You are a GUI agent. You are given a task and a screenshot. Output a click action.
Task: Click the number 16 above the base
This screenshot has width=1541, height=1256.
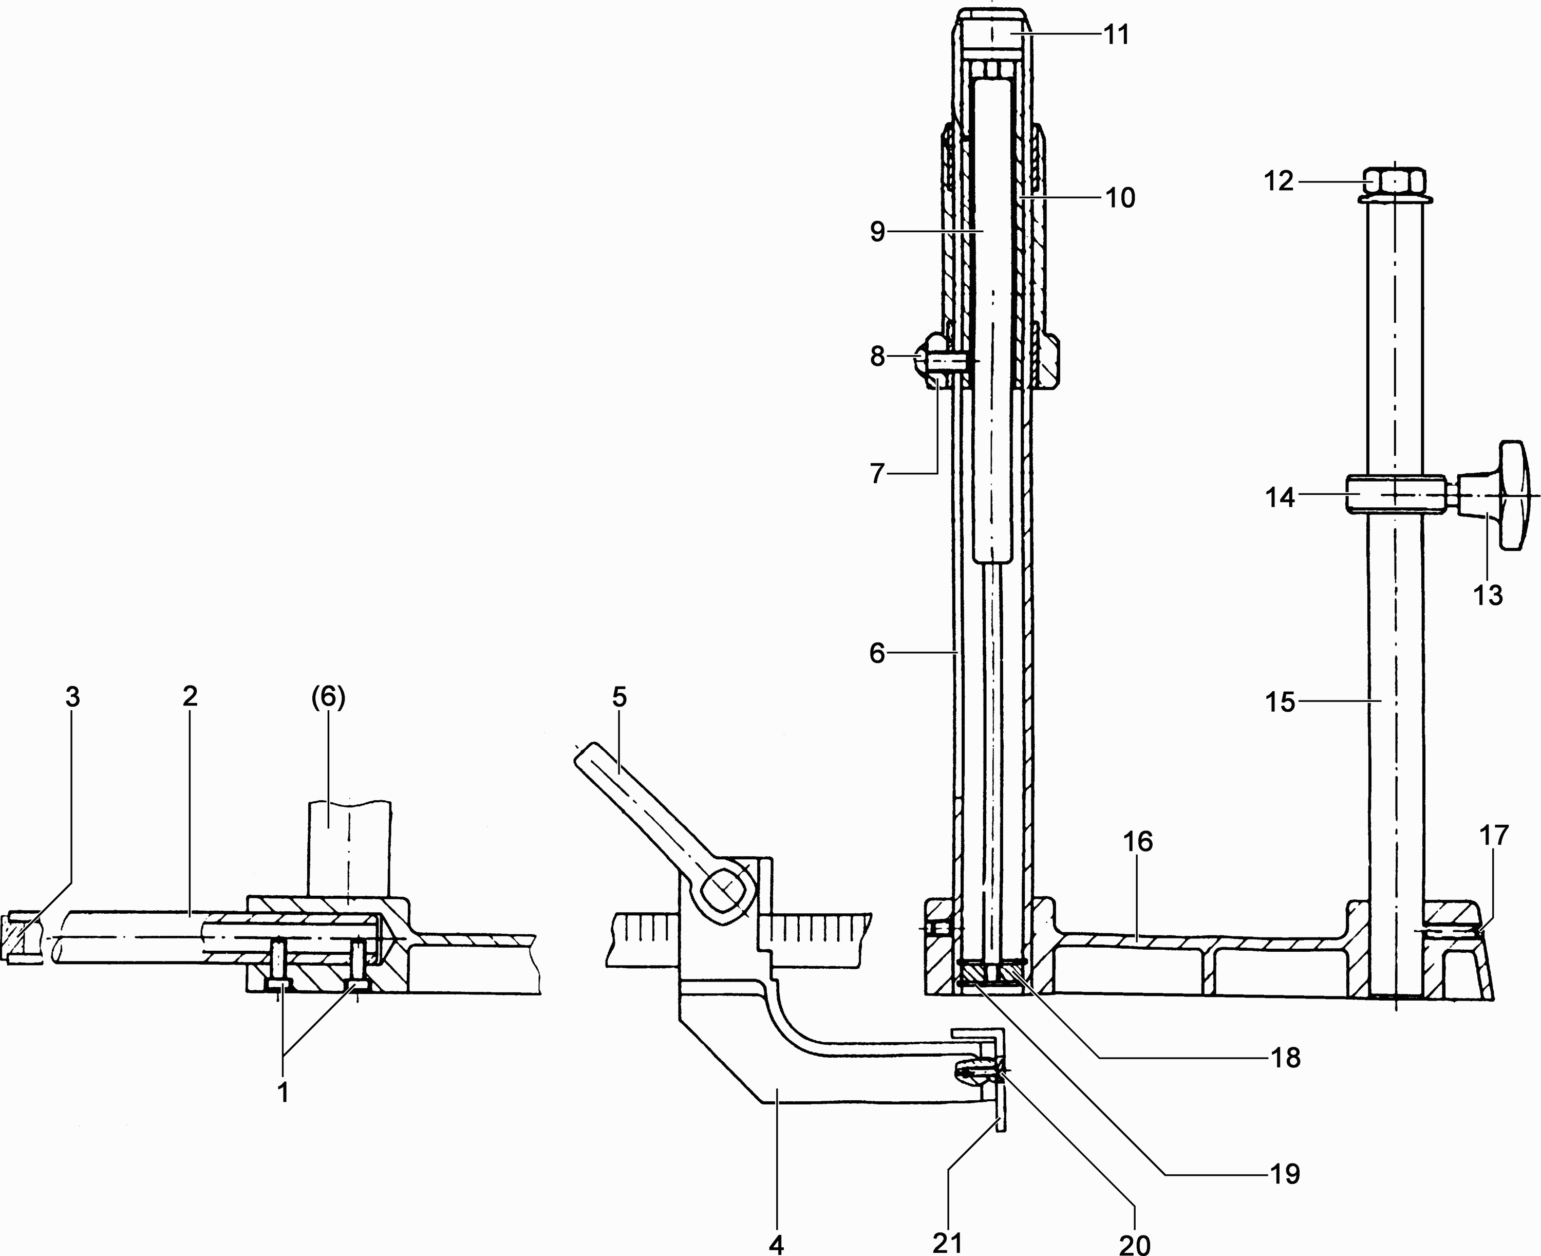[x=1137, y=841]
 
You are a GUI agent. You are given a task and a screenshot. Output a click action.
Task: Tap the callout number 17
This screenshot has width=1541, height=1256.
[x=1494, y=836]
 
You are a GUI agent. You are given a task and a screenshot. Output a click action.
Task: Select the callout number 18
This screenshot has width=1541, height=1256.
[x=1285, y=1058]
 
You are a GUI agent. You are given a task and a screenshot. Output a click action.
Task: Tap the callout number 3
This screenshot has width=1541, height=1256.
[x=72, y=697]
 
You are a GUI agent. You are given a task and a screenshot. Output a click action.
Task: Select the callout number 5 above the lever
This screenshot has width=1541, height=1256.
[x=619, y=697]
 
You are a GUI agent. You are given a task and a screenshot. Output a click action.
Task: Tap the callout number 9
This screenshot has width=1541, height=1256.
[x=877, y=232]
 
